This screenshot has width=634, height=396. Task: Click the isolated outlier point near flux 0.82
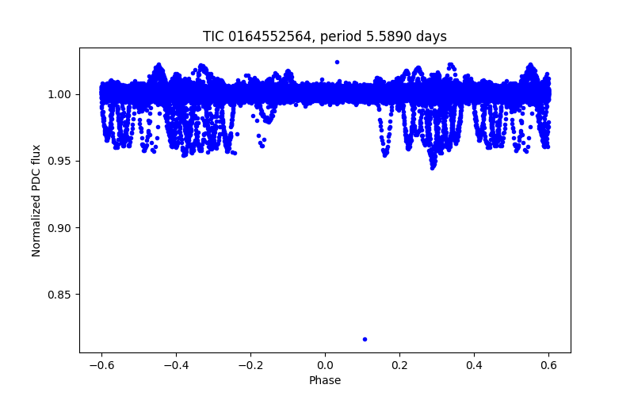(x=365, y=339)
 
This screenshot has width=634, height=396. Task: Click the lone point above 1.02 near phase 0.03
(x=337, y=62)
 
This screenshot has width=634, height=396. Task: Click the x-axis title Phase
(x=325, y=380)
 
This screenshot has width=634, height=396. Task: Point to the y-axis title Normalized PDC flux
(x=36, y=200)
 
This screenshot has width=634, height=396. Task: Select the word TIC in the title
(x=214, y=37)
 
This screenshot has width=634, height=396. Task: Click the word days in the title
(x=433, y=37)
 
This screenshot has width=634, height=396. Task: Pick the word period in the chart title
(x=351, y=37)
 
